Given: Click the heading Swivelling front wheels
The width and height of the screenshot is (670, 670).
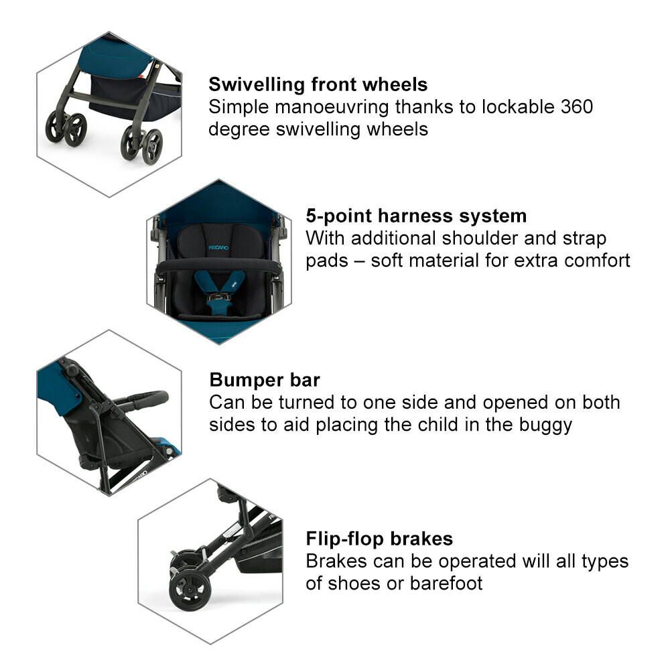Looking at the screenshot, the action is pos(318,85).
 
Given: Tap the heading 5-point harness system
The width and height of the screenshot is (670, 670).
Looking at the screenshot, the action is pos(416,216).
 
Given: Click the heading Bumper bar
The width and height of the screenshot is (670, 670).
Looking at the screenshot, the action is pos(265,380).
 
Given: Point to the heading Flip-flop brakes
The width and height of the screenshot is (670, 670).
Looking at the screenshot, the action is pos(379,539).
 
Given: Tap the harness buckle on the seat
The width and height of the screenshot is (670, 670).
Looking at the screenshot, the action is pos(217,296).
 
